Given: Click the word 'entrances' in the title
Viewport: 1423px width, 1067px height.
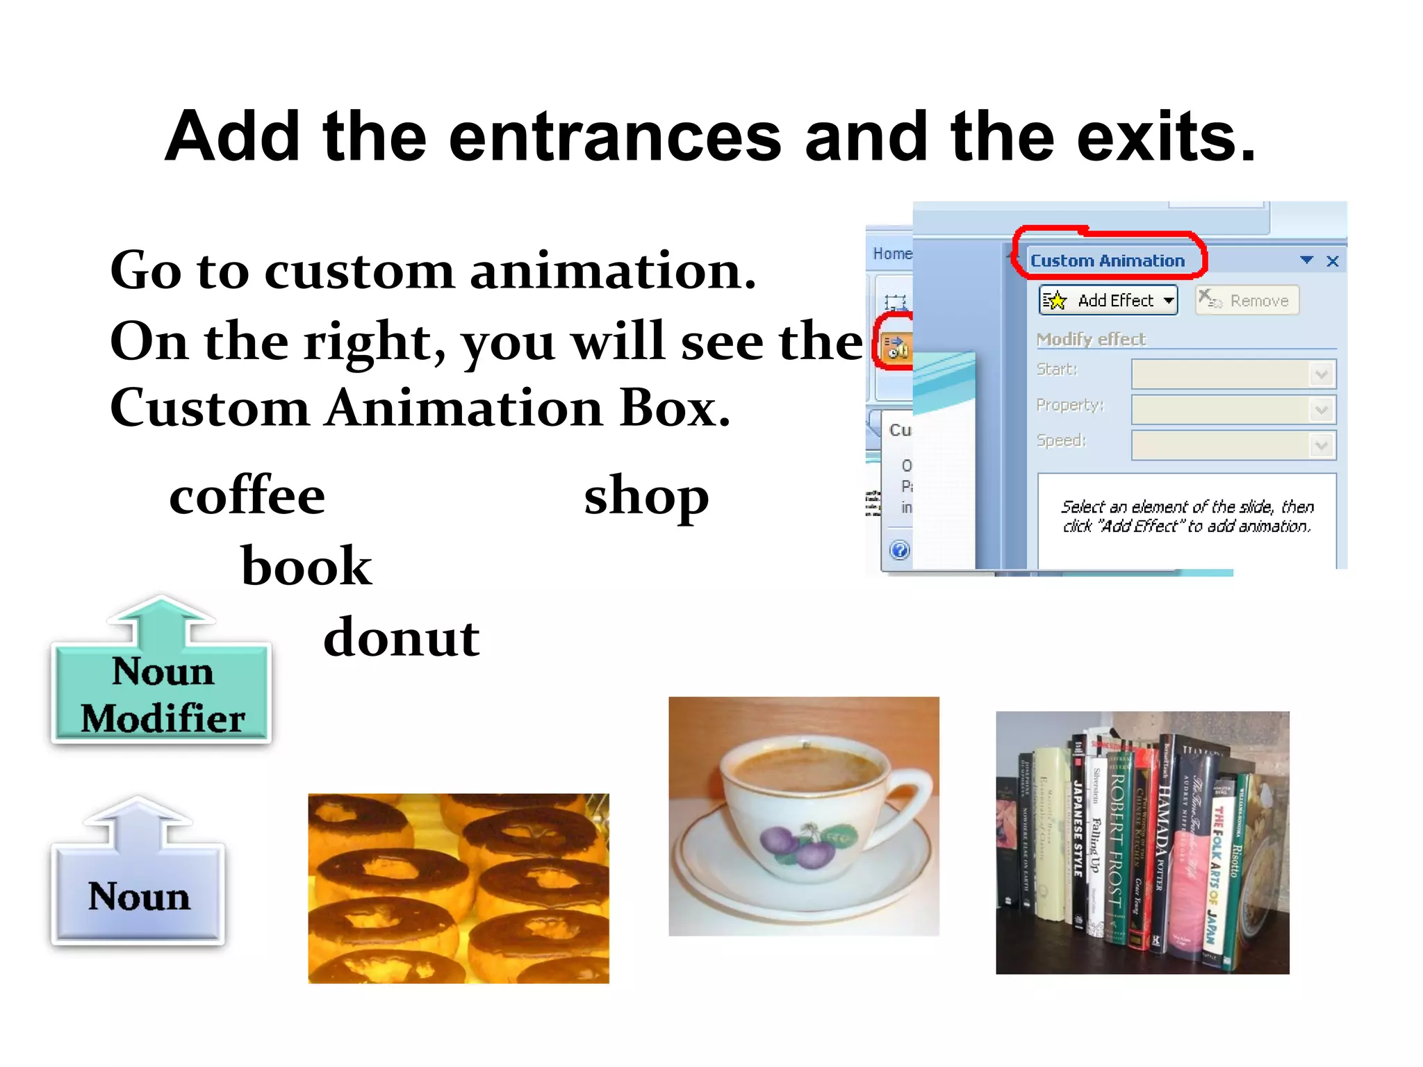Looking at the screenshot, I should (x=615, y=137).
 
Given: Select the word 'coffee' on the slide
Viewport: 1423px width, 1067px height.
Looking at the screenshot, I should (x=247, y=496).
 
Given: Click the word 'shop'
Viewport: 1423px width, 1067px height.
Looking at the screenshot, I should (x=646, y=497).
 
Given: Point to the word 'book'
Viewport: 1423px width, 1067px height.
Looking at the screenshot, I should (x=306, y=566).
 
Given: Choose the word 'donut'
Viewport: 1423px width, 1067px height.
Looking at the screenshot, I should (x=402, y=637).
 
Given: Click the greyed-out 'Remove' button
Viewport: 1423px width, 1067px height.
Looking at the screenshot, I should (x=1247, y=300).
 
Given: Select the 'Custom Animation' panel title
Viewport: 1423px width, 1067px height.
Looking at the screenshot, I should (x=1108, y=260).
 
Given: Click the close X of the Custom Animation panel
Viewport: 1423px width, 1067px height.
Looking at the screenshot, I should (x=1332, y=261).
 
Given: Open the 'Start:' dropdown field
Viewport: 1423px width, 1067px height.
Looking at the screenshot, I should (x=1233, y=374).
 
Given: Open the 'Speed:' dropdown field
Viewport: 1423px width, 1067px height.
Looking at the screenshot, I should (x=1233, y=445).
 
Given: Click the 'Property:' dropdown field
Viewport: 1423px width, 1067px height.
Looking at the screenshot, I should (x=1233, y=409).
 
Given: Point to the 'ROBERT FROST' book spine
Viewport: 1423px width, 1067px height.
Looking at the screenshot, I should (x=1117, y=841).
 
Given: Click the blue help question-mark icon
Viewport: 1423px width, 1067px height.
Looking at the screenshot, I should (x=899, y=550).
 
